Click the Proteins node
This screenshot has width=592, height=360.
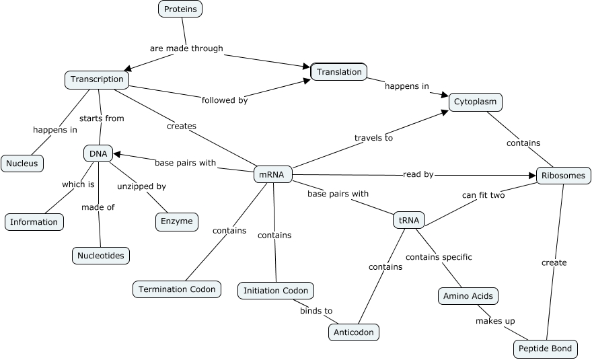pyautogui.click(x=180, y=9)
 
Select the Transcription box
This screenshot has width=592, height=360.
pyautogui.click(x=97, y=79)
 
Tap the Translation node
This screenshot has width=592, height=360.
pyautogui.click(x=338, y=72)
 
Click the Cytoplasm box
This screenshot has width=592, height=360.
pyautogui.click(x=475, y=102)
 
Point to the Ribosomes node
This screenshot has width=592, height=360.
pyautogui.click(x=563, y=176)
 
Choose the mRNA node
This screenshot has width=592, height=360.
pyautogui.click(x=272, y=175)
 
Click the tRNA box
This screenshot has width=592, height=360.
pyautogui.click(x=409, y=220)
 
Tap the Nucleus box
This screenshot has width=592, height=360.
pyautogui.click(x=22, y=163)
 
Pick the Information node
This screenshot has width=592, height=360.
pyautogui.click(x=34, y=221)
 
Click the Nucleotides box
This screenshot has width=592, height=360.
pyautogui.click(x=100, y=255)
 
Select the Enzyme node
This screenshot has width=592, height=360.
pyautogui.click(x=177, y=221)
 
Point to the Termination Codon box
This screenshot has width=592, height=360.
pyautogui.click(x=177, y=289)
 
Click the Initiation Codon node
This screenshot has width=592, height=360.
pyautogui.click(x=276, y=291)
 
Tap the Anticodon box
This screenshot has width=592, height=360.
pyautogui.click(x=354, y=332)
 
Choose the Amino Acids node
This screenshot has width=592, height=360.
pyautogui.click(x=468, y=295)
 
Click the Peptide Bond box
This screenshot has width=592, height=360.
pyautogui.click(x=545, y=349)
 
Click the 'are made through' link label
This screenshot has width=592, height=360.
pyautogui.click(x=186, y=48)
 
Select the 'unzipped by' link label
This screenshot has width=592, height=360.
pyautogui.click(x=141, y=186)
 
